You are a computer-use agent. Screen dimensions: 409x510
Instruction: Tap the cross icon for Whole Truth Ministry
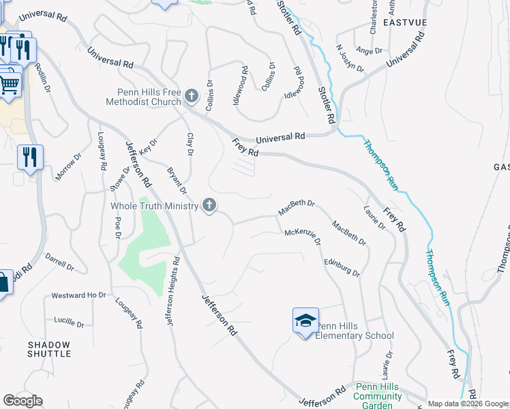[210, 205]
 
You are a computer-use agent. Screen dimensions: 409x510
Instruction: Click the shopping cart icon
[9, 85]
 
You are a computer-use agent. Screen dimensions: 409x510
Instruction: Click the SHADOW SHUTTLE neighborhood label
[49, 349]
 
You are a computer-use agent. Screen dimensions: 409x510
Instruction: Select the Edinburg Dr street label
[341, 267]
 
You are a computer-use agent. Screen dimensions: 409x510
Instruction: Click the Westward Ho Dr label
[79, 296]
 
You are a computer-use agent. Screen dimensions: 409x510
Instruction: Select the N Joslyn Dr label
[352, 58]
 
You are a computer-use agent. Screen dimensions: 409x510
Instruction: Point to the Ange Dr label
[369, 50]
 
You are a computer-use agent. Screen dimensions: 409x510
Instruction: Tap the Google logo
[23, 400]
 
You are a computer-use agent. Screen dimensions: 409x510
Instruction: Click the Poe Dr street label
[118, 228]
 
